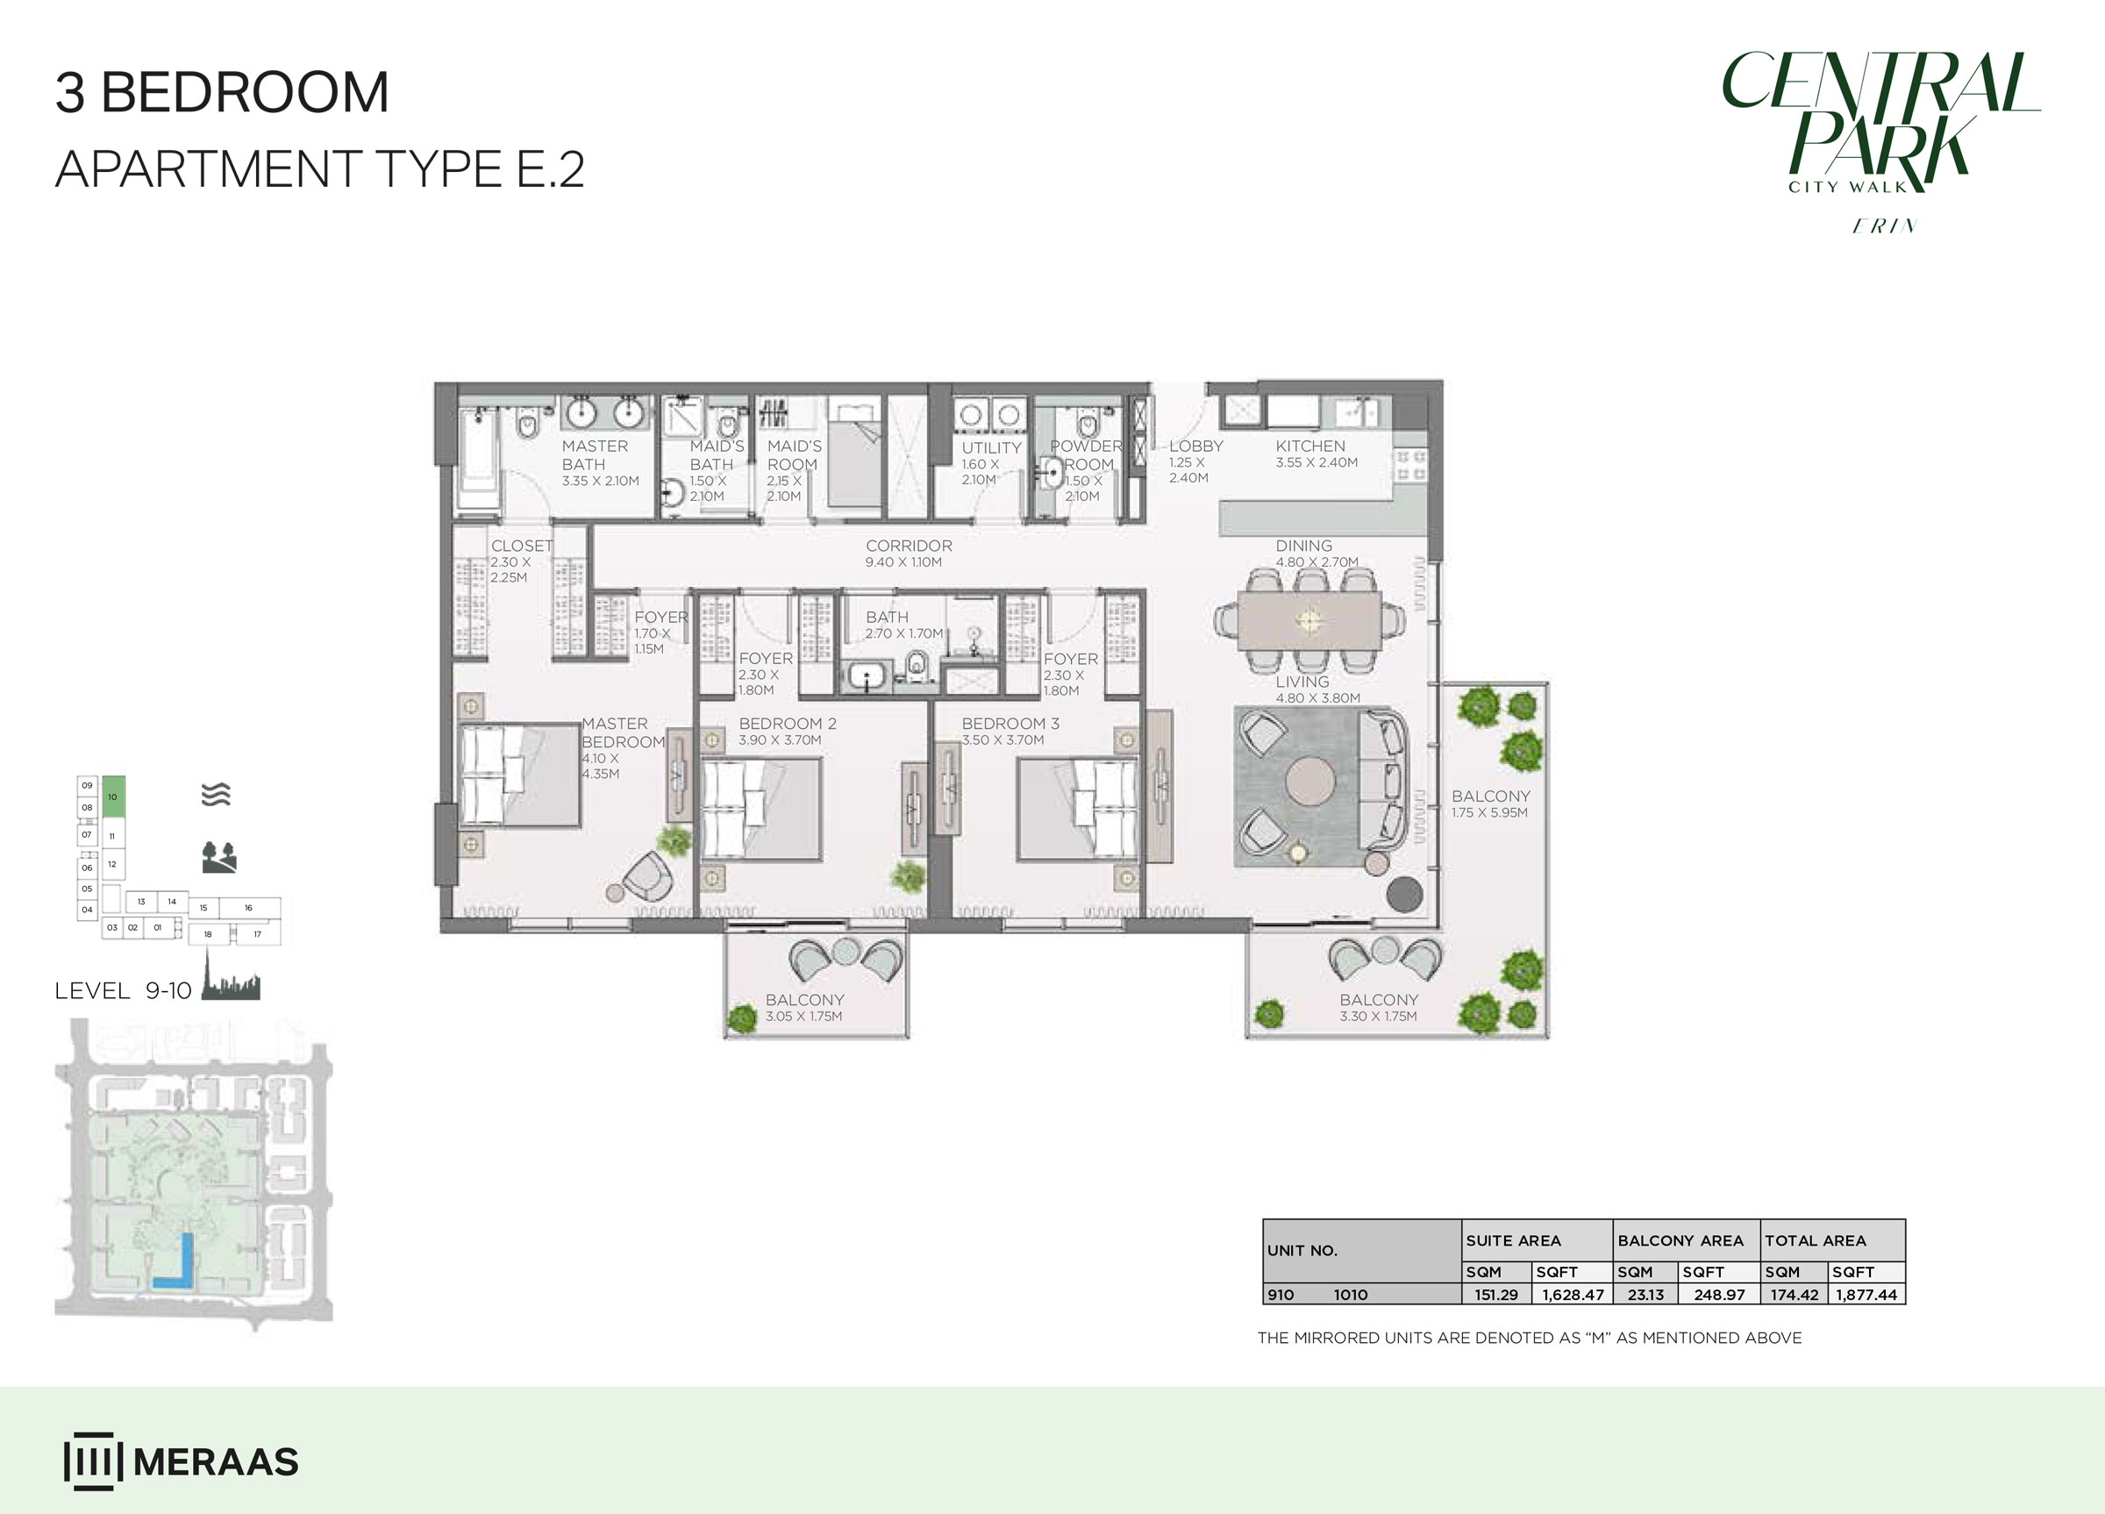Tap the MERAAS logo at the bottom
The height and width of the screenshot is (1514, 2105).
point(181,1461)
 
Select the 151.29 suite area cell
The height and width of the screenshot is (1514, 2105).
point(1496,1295)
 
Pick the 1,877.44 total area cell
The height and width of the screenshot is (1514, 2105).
point(1866,1295)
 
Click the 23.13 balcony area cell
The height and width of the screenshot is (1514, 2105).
point(1645,1295)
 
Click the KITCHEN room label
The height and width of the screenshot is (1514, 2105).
point(1309,446)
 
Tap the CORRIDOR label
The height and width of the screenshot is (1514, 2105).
point(909,546)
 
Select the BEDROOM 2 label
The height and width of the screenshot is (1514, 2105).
point(787,723)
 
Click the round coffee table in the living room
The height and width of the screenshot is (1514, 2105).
point(1310,782)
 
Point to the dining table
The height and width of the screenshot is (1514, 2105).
point(1309,620)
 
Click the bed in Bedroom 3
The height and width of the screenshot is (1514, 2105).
point(1078,809)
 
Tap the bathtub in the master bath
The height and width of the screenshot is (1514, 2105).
point(479,460)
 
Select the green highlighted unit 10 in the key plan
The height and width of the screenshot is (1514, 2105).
point(113,796)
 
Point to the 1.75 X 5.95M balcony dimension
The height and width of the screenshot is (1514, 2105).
point(1488,813)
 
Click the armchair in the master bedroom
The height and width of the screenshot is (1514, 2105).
point(648,875)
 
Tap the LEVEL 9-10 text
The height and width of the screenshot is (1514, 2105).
point(124,990)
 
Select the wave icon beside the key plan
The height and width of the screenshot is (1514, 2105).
point(217,795)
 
